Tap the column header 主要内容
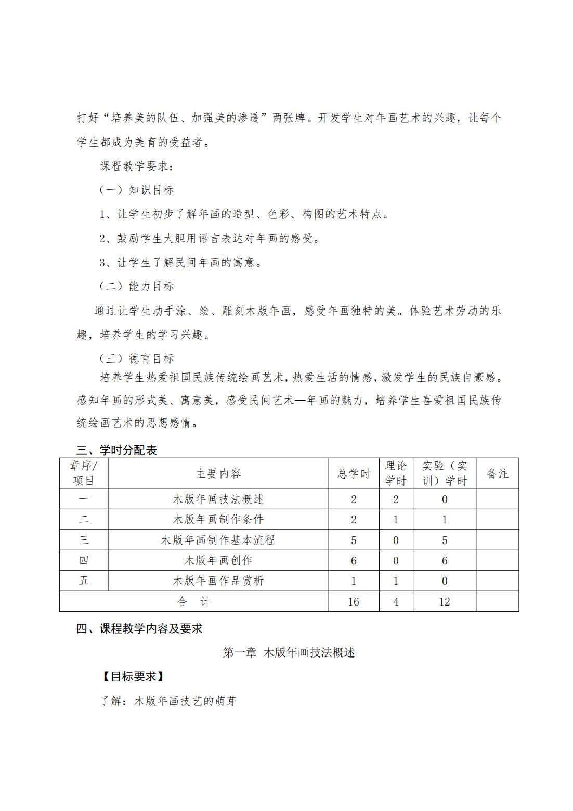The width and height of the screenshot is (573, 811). [218, 473]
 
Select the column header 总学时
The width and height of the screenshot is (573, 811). [354, 473]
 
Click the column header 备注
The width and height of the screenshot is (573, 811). [497, 473]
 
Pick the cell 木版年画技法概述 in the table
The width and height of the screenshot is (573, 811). [218, 499]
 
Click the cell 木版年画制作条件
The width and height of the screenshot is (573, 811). [218, 520]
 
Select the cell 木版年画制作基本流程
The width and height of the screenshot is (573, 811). [218, 540]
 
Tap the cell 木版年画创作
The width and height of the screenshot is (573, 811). [218, 560]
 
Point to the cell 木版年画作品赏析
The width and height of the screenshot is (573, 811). [218, 581]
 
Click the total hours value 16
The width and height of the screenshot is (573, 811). [354, 601]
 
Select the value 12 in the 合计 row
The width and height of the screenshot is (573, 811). [445, 601]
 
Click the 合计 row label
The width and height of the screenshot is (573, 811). [194, 601]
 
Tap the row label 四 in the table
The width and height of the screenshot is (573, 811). [84, 560]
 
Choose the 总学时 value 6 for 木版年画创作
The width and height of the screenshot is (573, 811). [354, 560]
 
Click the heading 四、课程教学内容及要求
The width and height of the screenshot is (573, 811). [139, 628]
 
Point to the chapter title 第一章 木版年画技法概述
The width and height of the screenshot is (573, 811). [289, 652]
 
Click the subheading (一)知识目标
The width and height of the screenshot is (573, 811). [137, 190]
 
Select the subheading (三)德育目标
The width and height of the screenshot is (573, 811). [137, 358]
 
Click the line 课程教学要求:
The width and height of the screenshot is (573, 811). [135, 166]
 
